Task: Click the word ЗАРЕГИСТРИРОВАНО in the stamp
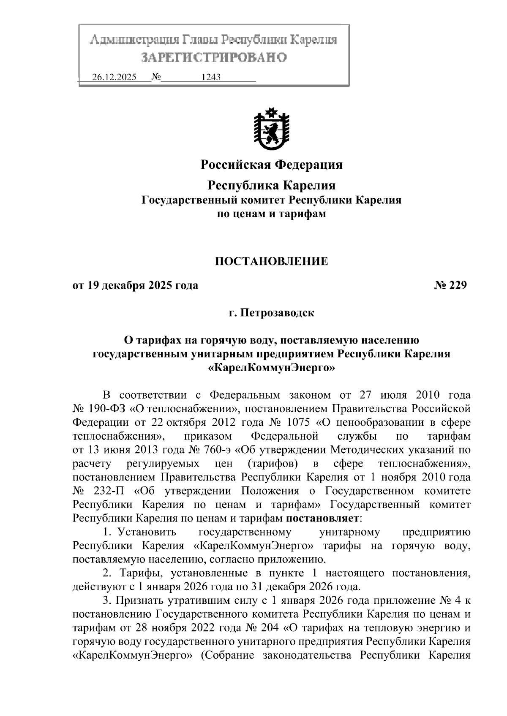click(214, 57)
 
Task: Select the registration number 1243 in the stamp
click(211, 78)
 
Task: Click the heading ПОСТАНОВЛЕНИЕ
click(271, 262)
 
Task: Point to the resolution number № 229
click(450, 286)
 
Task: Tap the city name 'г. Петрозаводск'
click(271, 313)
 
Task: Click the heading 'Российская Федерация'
click(271, 165)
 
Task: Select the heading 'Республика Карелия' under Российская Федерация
click(271, 185)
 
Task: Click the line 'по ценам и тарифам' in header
click(271, 214)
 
